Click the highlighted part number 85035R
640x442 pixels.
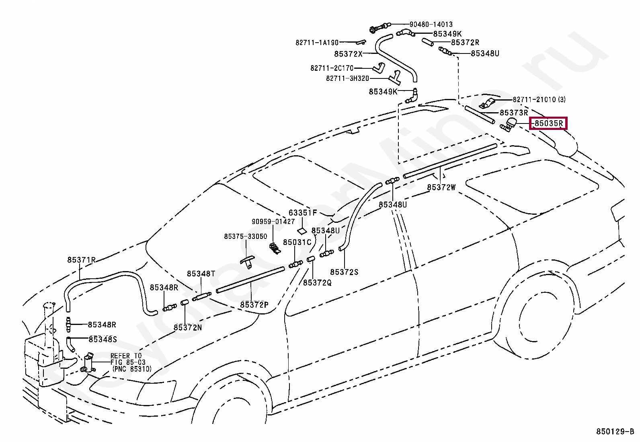coord(549,123)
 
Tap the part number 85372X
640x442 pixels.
coord(348,53)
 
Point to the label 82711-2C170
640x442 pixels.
coord(332,68)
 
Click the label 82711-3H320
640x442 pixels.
coord(347,78)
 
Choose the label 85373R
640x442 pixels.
coord(513,113)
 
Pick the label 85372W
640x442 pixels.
coord(441,187)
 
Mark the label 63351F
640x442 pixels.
coord(303,212)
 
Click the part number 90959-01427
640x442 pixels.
coord(273,222)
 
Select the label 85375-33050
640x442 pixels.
coord(246,236)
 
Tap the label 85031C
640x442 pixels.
coord(297,242)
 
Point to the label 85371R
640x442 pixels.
coord(81,260)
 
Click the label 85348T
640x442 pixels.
coord(201,274)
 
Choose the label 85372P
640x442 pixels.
coord(254,305)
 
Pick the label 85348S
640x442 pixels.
coord(103,339)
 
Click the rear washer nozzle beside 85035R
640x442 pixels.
coord(510,125)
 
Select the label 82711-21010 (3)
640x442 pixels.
coord(539,99)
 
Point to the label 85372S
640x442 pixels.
coord(344,272)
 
